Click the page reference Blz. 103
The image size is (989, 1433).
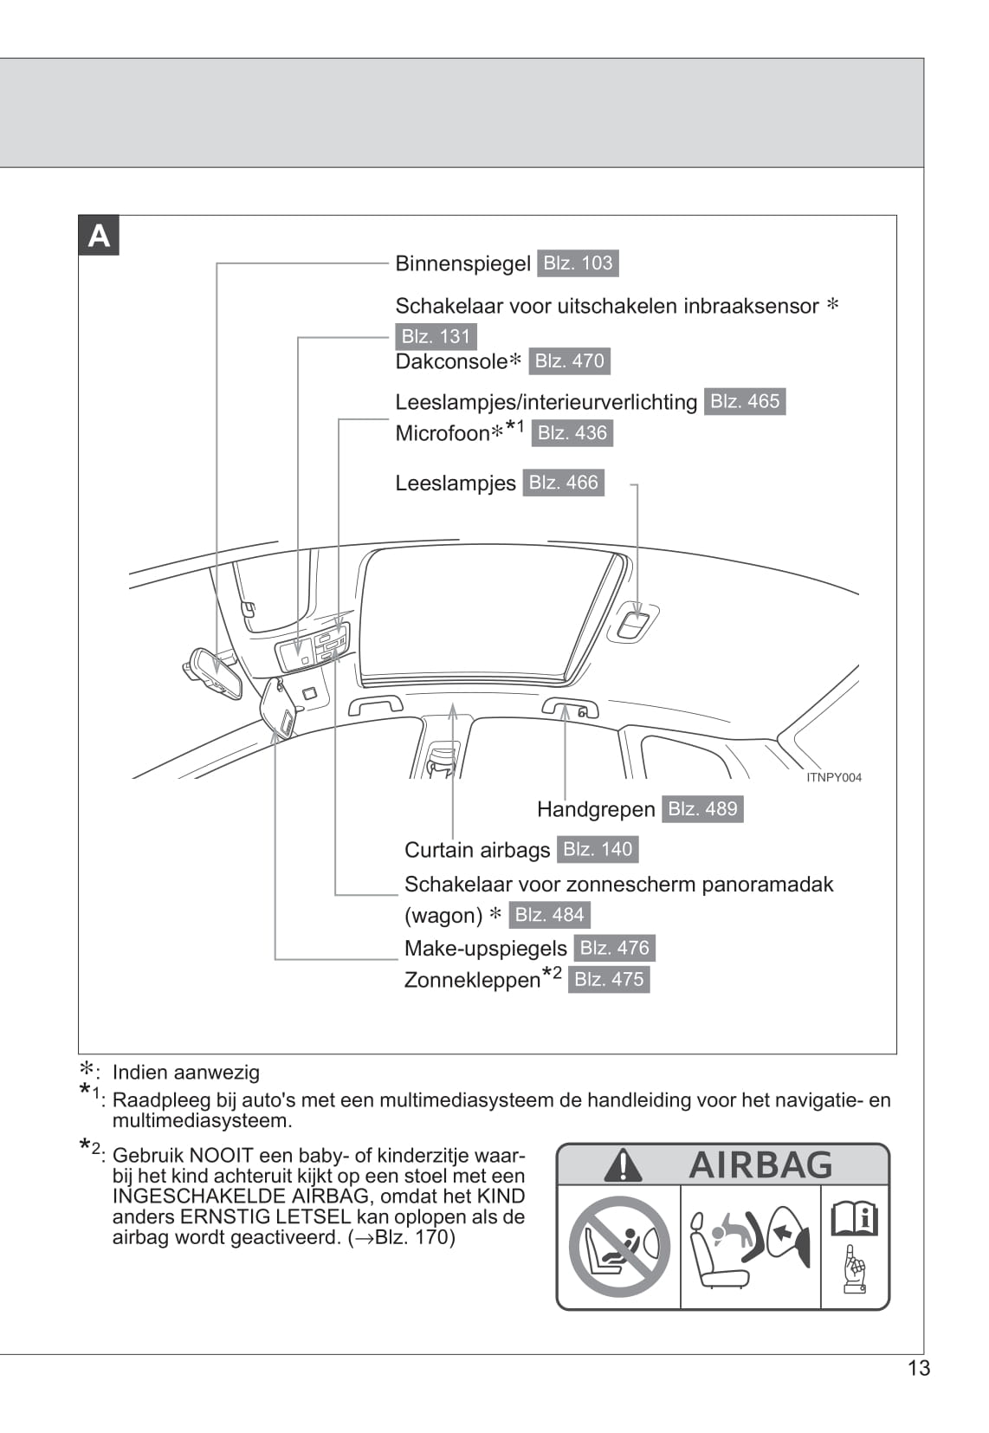578,263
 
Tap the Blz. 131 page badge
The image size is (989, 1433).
436,336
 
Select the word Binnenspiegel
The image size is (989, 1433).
462,263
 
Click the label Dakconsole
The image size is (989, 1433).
451,361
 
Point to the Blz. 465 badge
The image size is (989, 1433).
745,401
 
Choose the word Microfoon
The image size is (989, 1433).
443,433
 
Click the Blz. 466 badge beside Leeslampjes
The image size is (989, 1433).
563,483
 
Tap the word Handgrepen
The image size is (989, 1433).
596,809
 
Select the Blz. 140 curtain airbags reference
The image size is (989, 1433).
598,849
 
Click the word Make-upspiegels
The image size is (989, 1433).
485,948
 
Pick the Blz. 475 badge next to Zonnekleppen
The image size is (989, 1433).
609,979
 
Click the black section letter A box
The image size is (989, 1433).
99,237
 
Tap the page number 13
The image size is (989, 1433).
919,1368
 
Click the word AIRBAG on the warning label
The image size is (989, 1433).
760,1165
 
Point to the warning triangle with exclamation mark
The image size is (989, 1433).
623,1165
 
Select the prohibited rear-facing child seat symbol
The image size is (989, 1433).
618,1246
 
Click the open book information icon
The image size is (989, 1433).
854,1220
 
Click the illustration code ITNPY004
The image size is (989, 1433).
833,777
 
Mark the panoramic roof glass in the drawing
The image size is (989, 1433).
485,611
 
